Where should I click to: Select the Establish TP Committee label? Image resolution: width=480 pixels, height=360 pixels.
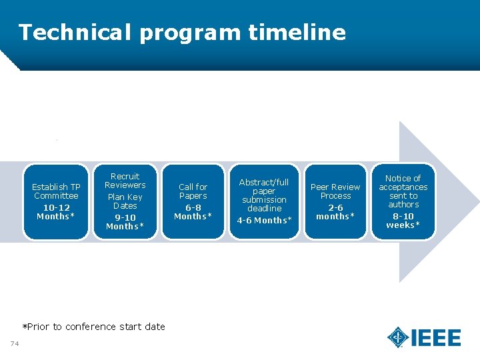[x=57, y=191]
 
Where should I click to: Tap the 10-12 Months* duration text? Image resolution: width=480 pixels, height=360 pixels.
[x=56, y=212]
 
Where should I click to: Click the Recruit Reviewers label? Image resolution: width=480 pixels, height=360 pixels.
[x=125, y=181]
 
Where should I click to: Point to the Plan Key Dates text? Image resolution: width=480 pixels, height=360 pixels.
[x=125, y=201]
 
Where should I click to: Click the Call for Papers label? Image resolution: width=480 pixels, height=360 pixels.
[x=193, y=191]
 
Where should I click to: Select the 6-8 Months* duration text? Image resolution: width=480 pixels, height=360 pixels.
[x=193, y=212]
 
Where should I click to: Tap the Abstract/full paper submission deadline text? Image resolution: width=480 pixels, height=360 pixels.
[x=264, y=195]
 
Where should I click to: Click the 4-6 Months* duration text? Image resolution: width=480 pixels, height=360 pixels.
[x=264, y=221]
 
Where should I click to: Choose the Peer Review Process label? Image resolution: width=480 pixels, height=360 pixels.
[x=335, y=191]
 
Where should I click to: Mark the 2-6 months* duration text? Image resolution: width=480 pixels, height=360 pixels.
[x=335, y=212]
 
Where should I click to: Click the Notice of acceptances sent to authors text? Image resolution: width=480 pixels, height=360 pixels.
[x=403, y=191]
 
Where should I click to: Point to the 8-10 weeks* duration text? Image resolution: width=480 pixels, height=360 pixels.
[x=403, y=221]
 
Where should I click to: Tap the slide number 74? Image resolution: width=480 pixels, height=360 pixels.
[x=15, y=343]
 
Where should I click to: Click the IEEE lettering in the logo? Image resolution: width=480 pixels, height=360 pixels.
[x=437, y=338]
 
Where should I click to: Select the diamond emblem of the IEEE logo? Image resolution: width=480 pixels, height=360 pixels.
[x=398, y=337]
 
